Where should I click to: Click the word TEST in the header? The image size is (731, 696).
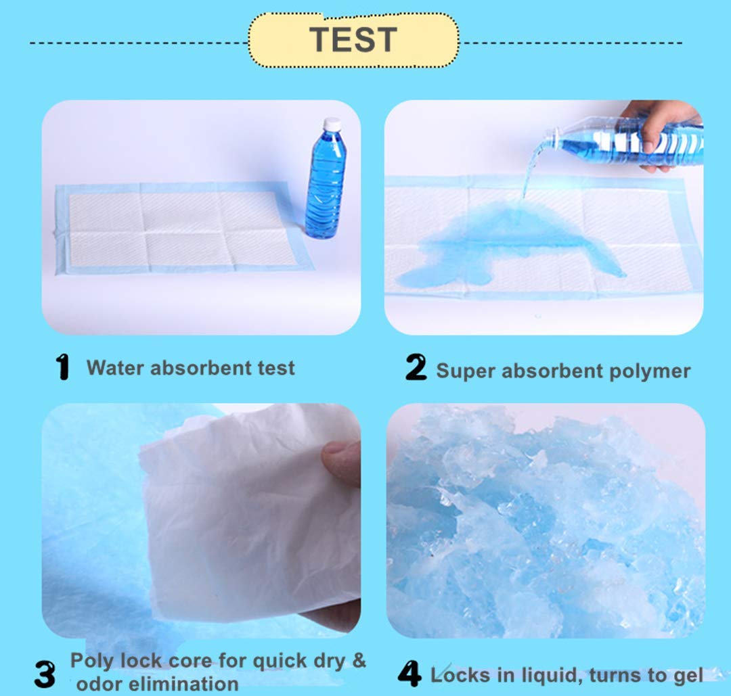coord(353,40)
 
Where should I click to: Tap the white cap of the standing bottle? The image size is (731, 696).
coord(332,124)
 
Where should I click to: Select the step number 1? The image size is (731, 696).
coord(62,367)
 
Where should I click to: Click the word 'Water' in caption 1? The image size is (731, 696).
coord(115,368)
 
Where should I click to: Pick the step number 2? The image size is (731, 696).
coord(416,367)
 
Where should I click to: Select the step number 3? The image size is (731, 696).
coord(45,674)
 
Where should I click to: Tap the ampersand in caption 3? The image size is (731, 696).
coord(359,660)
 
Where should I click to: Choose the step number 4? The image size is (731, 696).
coord(409,674)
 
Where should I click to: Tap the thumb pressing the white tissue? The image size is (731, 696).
coord(342,463)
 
